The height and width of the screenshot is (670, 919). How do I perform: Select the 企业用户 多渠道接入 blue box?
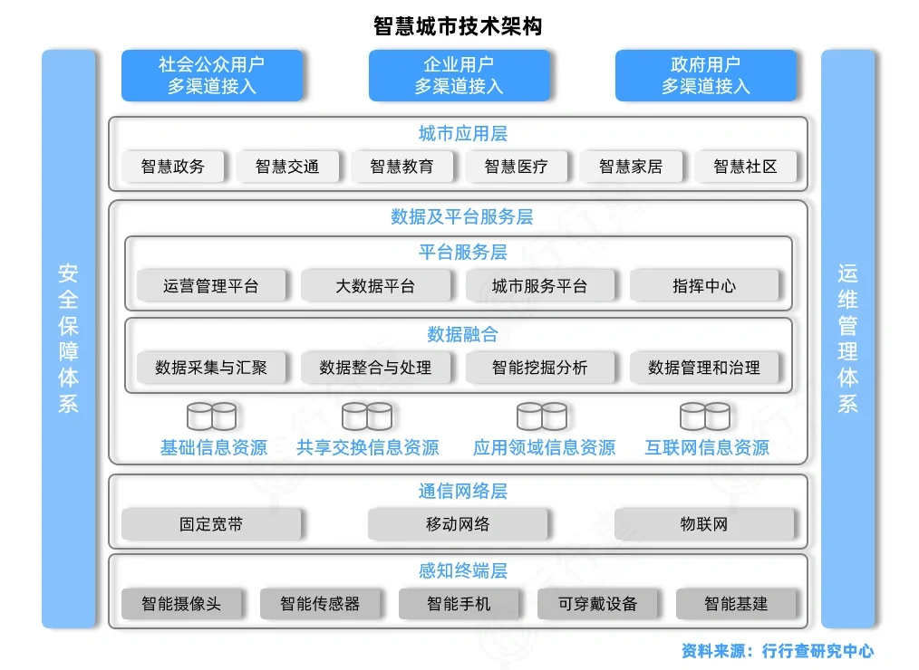tap(459, 75)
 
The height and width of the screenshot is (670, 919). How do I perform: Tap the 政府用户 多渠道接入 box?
tap(705, 75)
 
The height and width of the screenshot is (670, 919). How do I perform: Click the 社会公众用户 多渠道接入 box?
tap(211, 75)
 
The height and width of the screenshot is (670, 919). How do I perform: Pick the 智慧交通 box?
tap(286, 167)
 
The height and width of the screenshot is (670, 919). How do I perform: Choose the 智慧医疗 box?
tap(516, 167)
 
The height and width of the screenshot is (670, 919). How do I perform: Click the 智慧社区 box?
tap(745, 167)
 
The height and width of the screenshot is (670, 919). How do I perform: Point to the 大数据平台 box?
tap(375, 286)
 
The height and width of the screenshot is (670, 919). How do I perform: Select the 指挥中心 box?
tap(704, 286)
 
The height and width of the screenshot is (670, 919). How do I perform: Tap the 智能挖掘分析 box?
tap(539, 368)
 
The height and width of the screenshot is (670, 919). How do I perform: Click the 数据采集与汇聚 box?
tap(211, 368)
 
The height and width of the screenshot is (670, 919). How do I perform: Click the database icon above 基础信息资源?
tap(211, 416)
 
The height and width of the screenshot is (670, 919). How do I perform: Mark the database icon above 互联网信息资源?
tap(705, 416)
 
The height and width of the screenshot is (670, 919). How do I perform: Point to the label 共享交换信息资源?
tap(367, 447)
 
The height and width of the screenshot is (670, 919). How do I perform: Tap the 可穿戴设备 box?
tap(597, 604)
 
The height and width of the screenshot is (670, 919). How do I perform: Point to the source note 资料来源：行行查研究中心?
tap(778, 650)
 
